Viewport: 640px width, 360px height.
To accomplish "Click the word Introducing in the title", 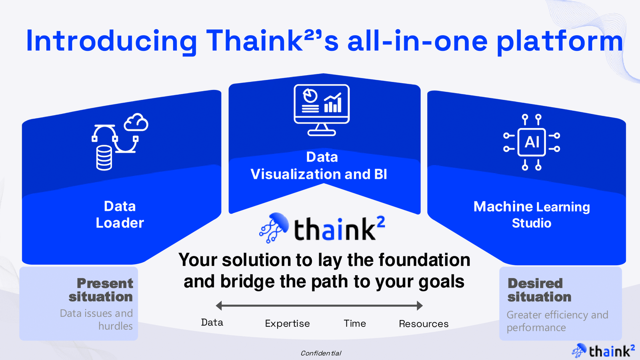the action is click(111, 41).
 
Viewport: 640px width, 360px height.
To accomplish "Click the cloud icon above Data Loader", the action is click(136, 122).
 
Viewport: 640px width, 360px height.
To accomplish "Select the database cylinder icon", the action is click(104, 158).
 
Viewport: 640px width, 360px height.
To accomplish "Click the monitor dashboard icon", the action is click(322, 110).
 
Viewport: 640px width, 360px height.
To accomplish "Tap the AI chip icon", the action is click(532, 142).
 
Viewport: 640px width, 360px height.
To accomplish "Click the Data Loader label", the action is click(120, 214).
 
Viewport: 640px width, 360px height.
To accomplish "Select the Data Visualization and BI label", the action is click(319, 166).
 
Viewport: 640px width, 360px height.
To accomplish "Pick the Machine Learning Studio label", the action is click(532, 214).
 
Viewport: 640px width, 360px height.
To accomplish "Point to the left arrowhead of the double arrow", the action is click(219, 306).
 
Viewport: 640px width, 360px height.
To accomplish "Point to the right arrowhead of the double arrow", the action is click(420, 306).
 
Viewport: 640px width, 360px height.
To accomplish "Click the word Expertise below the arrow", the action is click(288, 324).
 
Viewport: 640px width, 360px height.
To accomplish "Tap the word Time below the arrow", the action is click(354, 324).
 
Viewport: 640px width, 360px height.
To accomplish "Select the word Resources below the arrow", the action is click(424, 324).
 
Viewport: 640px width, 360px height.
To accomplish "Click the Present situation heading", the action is click(101, 290).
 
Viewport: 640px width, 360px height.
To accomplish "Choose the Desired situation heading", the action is click(539, 290).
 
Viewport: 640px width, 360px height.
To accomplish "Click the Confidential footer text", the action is click(321, 354).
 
